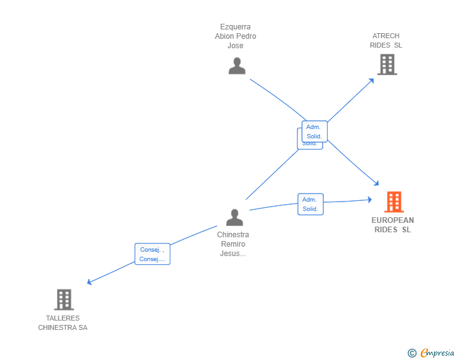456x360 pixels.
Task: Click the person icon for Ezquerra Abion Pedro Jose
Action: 237,66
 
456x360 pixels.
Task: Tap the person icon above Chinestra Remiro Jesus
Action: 234,217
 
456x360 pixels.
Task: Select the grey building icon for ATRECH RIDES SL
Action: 387,64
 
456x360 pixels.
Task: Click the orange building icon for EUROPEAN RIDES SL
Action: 393,202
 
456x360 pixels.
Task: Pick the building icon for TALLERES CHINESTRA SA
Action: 63,299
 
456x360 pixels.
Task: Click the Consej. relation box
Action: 152,254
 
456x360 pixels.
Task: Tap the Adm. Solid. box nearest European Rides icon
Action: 310,204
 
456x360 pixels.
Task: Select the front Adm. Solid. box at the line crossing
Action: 314,131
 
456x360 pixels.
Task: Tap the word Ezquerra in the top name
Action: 236,27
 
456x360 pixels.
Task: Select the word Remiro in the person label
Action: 233,244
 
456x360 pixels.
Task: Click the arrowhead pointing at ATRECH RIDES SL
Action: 371,80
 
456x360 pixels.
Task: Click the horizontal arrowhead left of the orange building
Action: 370,200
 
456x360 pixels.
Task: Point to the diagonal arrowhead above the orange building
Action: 376,183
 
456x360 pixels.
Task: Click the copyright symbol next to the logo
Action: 412,353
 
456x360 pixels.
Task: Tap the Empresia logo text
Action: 438,353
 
